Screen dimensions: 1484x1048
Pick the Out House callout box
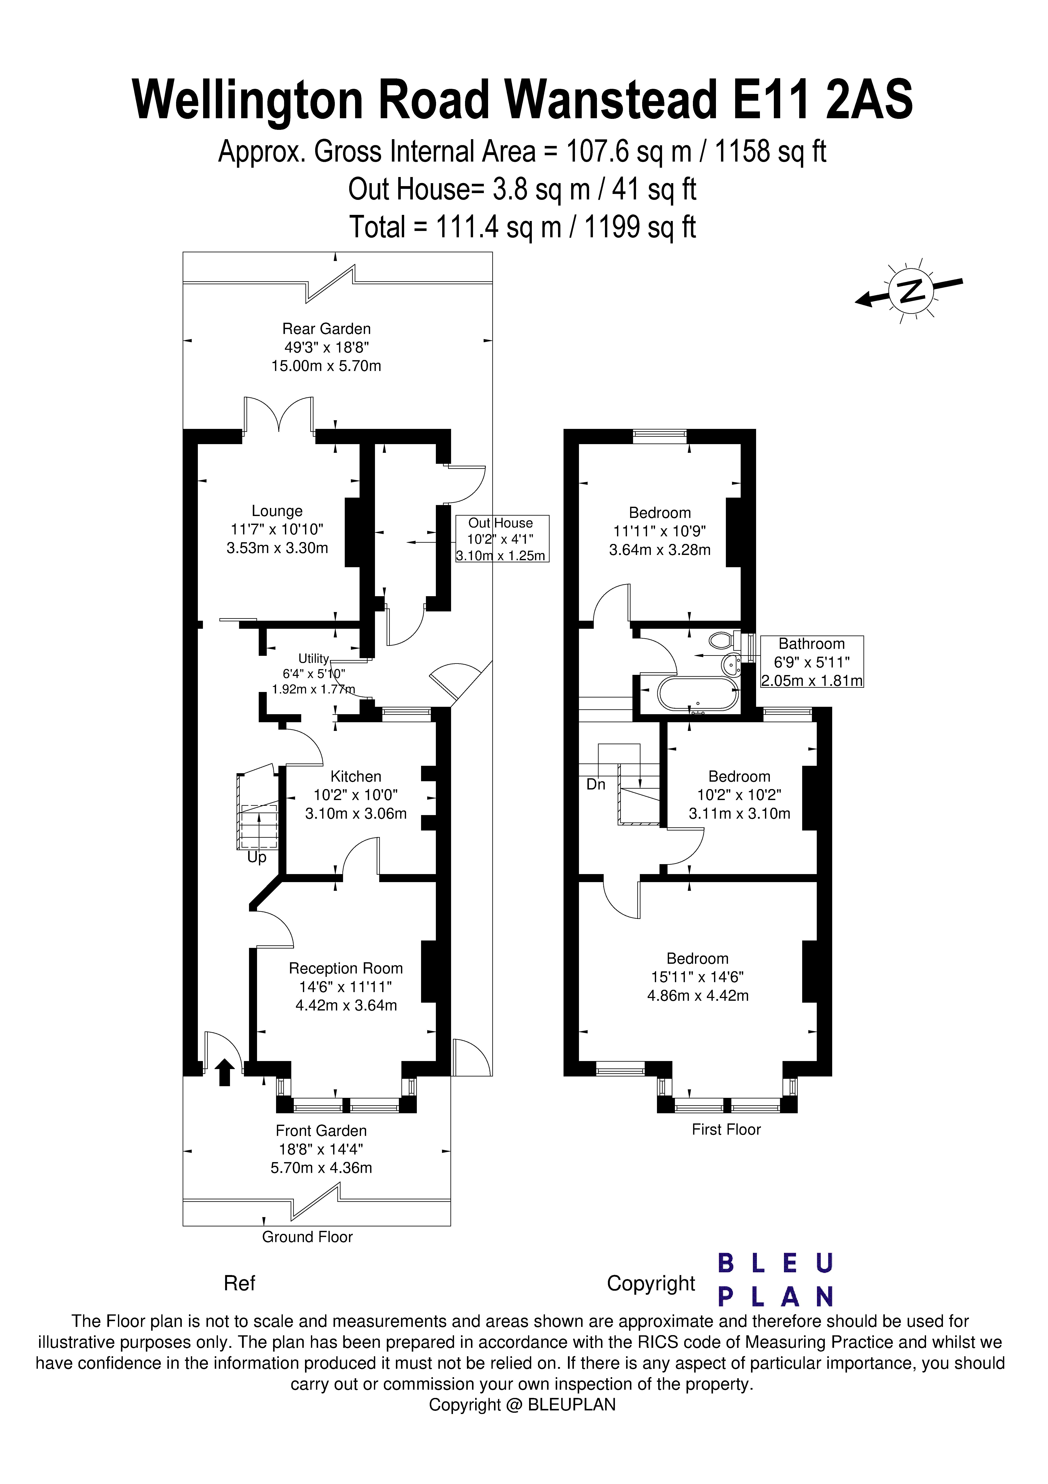coord(502,538)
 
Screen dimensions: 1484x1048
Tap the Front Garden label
coord(321,1149)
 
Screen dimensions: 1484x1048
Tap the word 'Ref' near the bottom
coord(239,1283)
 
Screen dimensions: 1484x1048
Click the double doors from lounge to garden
coord(278,416)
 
